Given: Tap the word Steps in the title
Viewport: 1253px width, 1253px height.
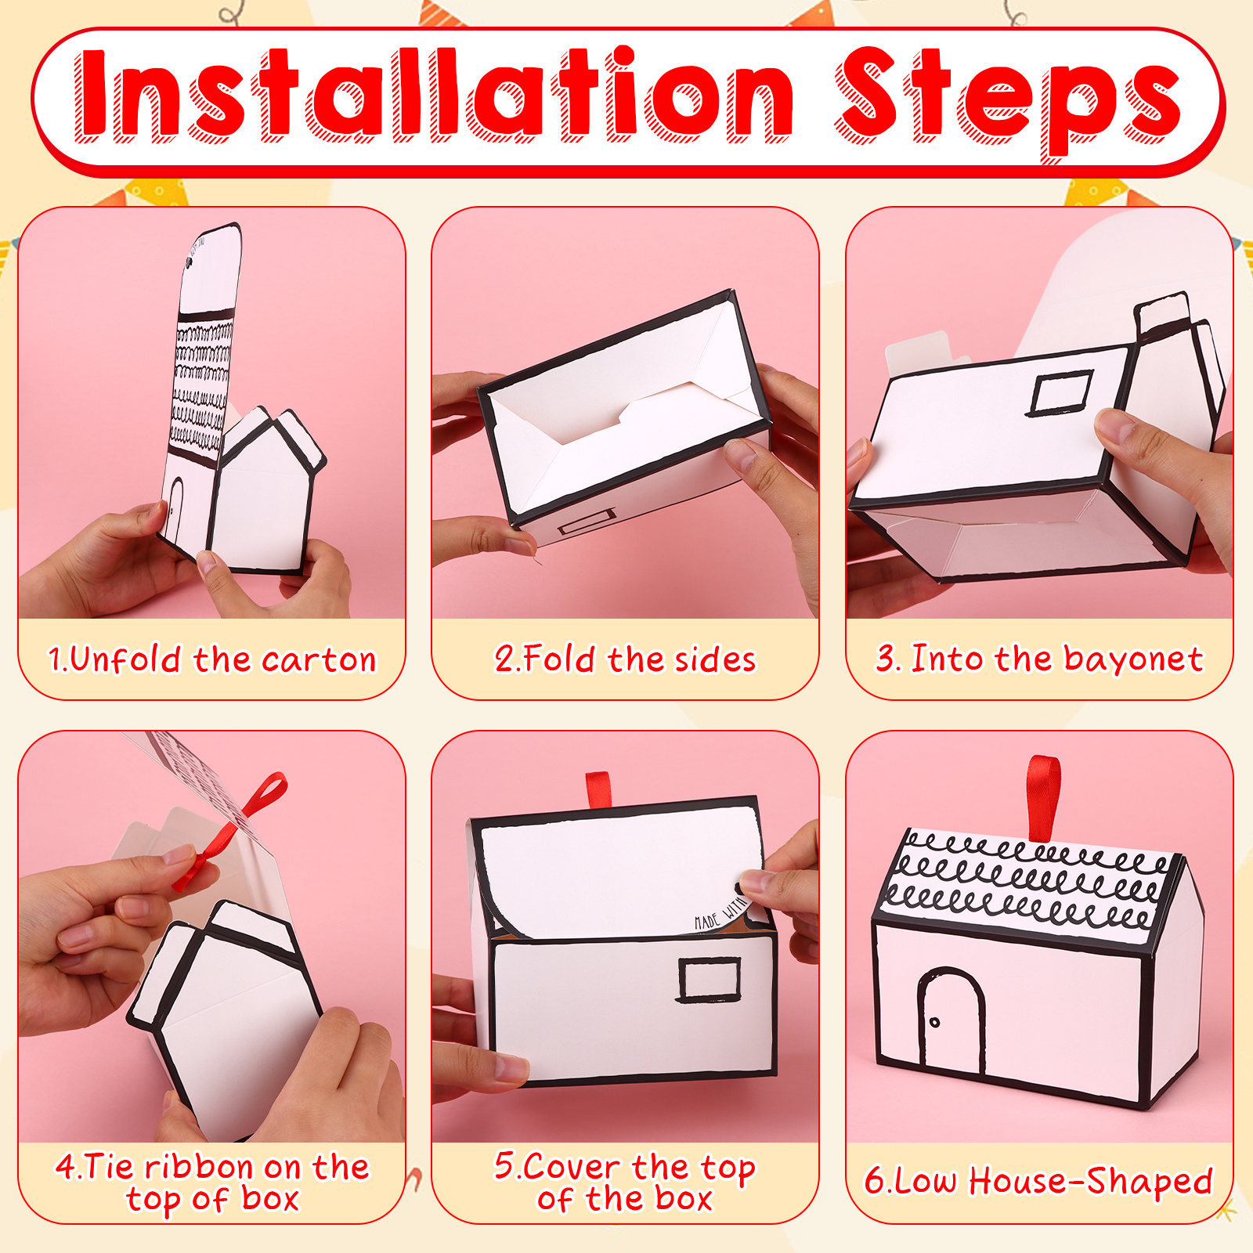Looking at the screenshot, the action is (1009, 102).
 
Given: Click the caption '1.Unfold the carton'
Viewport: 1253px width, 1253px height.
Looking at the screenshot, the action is (212, 659).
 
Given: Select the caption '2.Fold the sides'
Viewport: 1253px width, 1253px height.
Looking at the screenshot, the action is (626, 659).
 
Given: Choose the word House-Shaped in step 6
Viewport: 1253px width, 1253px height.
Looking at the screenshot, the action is (1091, 1181).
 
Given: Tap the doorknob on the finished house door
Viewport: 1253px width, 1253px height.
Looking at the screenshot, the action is (934, 1023).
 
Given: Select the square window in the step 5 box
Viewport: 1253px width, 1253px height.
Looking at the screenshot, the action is (710, 979).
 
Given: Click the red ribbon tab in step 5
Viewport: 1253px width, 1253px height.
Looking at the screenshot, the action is (598, 790).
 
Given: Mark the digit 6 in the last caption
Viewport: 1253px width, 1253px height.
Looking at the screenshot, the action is (875, 1181).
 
